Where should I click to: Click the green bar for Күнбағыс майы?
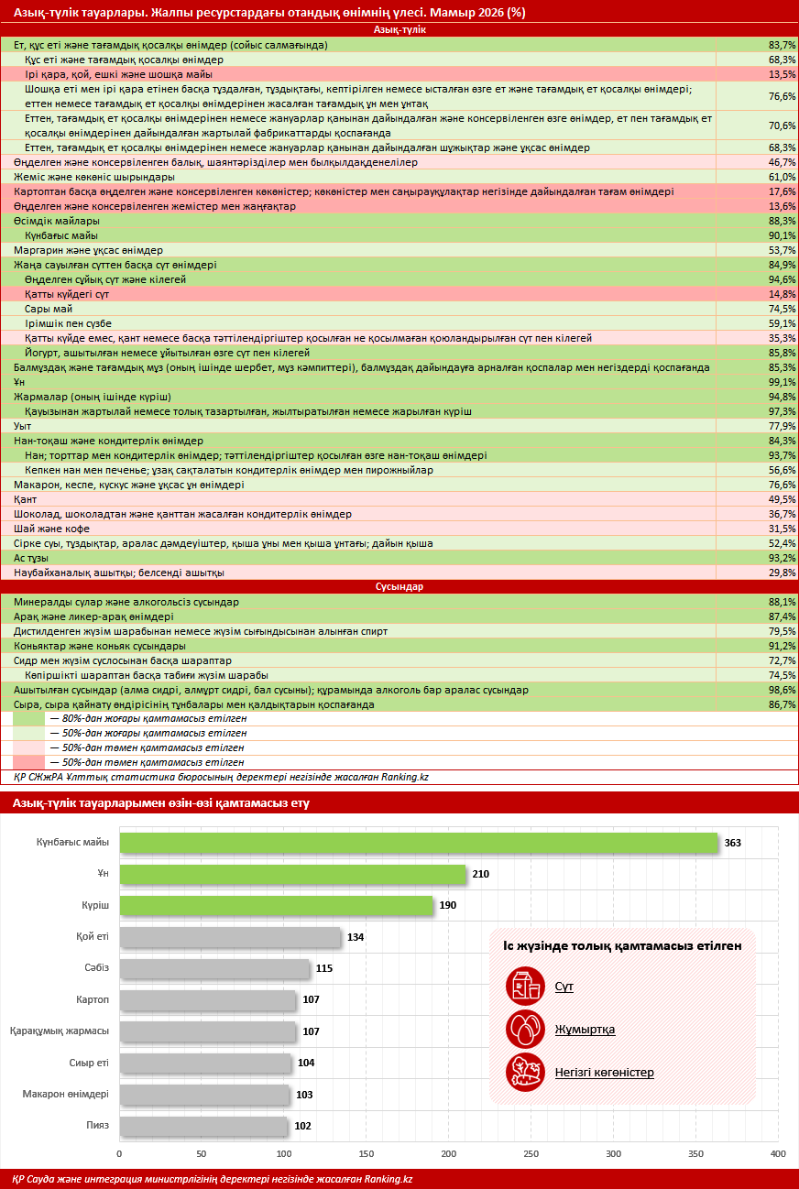click(x=419, y=843)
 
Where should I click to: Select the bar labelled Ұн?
click(x=292, y=874)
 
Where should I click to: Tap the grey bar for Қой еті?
click(x=230, y=937)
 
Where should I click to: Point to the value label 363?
click(x=733, y=843)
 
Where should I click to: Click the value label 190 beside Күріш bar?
click(x=447, y=905)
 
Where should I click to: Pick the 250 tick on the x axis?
click(x=531, y=1153)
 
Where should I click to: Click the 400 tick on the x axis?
click(x=778, y=1153)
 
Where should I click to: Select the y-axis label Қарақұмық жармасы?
click(x=60, y=1031)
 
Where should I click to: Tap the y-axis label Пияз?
click(x=98, y=1125)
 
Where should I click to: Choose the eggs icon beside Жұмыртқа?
click(x=525, y=1029)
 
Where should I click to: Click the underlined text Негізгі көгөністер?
click(x=604, y=1073)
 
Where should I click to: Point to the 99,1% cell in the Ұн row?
click(x=782, y=382)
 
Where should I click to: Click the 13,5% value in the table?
click(x=782, y=74)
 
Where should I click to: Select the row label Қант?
click(x=25, y=499)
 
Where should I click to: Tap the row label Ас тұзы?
click(x=31, y=559)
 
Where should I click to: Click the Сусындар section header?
click(x=399, y=586)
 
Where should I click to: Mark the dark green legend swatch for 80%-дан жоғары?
click(x=28, y=719)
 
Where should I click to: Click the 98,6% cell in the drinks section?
click(x=782, y=690)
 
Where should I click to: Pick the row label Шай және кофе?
click(x=51, y=529)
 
